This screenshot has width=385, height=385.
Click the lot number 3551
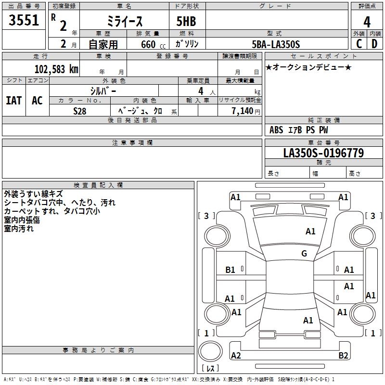tap(24, 22)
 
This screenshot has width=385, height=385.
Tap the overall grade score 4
tap(367, 22)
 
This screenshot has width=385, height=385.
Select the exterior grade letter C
tap(359, 44)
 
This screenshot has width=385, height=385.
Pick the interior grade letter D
tap(374, 44)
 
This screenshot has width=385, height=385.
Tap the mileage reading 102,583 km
tap(56, 69)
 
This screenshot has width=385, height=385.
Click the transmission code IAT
tap(13, 101)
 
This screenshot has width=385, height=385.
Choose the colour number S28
tap(80, 111)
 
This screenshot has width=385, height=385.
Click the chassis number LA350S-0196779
tap(323, 154)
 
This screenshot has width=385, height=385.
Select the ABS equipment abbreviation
tap(276, 130)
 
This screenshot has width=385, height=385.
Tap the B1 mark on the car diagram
tap(231, 270)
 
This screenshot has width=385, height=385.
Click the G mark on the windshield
tap(304, 254)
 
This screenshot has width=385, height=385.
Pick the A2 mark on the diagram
tap(236, 355)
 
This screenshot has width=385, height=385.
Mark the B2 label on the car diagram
tap(343, 355)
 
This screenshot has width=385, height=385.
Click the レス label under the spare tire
tap(212, 368)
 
